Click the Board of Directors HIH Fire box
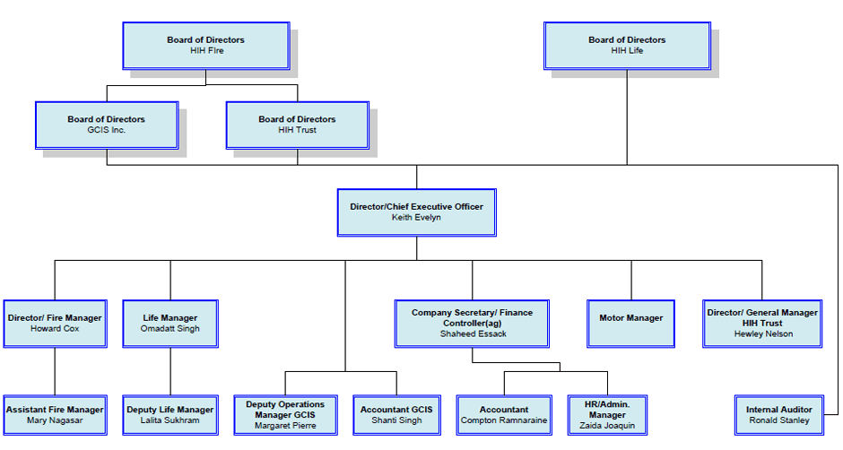tap(205, 46)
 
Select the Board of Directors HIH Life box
tap(627, 46)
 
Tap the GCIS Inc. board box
tap(106, 125)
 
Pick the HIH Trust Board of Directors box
tap(297, 125)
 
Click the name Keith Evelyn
tap(416, 218)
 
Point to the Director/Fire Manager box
tap(55, 324)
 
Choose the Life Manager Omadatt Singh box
tap(170, 324)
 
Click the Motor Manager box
tap(630, 323)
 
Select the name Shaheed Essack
tap(473, 334)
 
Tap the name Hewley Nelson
tap(763, 334)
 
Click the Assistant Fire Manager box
tap(55, 415)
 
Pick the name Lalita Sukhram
tap(170, 420)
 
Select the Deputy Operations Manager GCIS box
tap(285, 415)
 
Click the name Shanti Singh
tap(396, 420)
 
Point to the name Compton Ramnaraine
tap(503, 420)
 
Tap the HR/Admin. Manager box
tap(607, 415)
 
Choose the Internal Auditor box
tap(779, 415)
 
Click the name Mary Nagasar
tap(55, 420)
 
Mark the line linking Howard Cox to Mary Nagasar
tap(55, 370)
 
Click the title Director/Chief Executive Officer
tap(416, 207)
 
